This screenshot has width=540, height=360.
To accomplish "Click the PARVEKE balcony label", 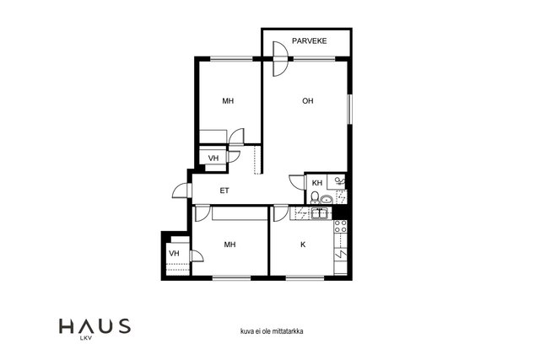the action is [x=310, y=41].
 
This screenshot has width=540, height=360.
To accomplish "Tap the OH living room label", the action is [x=308, y=101].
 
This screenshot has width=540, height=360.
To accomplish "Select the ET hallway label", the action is [x=224, y=191].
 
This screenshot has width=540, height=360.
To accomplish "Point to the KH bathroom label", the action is [x=317, y=183].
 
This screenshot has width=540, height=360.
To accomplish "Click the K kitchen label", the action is [x=303, y=244].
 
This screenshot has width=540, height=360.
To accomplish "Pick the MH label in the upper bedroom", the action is [x=228, y=101].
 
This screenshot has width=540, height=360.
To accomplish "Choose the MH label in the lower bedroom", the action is [x=229, y=244].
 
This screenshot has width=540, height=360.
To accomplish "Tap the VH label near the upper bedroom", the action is [x=213, y=159].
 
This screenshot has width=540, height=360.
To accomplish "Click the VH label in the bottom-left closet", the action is [x=175, y=254].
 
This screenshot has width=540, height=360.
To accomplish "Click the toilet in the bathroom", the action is [x=315, y=197].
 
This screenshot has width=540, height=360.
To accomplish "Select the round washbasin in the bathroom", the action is [x=327, y=199].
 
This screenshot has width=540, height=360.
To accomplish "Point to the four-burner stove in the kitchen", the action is [x=341, y=227].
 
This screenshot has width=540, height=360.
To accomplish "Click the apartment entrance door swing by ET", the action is [x=182, y=191].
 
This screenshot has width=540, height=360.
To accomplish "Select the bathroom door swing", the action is [x=297, y=182].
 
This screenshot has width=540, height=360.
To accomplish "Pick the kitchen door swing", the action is [x=281, y=214].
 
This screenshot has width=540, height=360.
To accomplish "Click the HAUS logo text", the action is [x=94, y=326].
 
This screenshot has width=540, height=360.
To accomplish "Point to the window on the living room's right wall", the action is [x=349, y=109].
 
